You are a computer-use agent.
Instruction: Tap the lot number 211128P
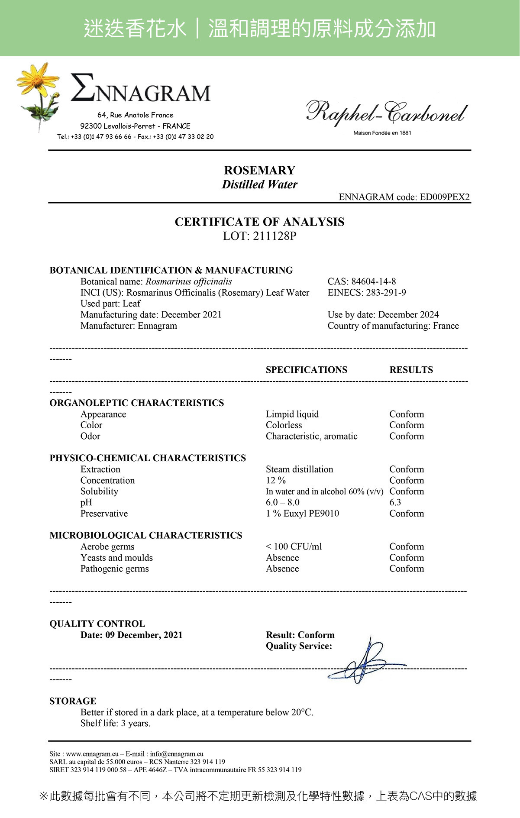[275, 236]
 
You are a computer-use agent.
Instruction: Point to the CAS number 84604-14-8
[373, 281]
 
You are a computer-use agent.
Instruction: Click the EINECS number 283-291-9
[386, 293]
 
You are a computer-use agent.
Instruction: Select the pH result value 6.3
[395, 502]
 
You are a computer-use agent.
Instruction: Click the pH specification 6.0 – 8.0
[282, 502]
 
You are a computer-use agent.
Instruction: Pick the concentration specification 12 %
[275, 480]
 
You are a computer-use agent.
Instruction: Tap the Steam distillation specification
[299, 469]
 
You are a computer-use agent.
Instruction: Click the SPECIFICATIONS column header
[306, 370]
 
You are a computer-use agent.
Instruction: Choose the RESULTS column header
[411, 370]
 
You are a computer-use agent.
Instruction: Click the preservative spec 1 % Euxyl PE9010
[302, 514]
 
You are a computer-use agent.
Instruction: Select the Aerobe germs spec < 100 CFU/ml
[294, 546]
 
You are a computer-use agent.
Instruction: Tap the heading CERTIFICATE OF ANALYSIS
[259, 222]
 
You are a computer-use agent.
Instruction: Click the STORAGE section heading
[73, 701]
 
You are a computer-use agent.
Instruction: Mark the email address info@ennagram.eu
[177, 754]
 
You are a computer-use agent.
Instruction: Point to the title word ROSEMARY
[259, 170]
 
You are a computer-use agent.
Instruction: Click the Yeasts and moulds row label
[116, 558]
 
